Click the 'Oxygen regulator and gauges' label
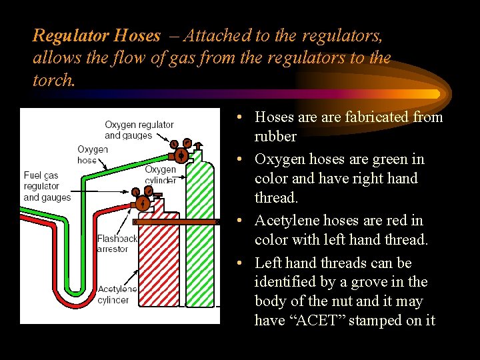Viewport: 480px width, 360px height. (139, 130)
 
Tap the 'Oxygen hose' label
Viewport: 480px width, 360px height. (92, 155)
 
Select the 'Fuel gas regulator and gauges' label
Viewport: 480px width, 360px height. (47, 186)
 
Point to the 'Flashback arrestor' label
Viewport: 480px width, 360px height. (117, 243)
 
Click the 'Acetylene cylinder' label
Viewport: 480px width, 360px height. (117, 294)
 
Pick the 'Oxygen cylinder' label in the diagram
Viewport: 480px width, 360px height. (160, 175)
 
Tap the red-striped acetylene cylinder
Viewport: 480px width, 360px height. (158, 273)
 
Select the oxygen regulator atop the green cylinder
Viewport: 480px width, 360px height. (181, 152)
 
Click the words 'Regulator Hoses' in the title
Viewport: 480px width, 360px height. (97, 35)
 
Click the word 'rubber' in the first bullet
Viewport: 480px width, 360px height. (275, 137)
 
